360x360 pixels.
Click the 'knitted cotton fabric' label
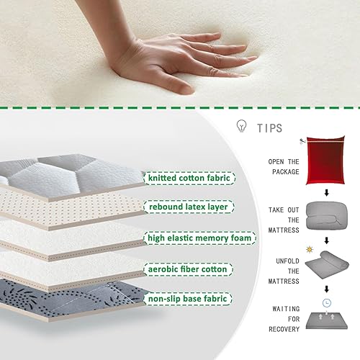189,178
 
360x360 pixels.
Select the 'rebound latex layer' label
189,207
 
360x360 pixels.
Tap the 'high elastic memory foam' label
199,238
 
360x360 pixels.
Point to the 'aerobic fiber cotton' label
188,269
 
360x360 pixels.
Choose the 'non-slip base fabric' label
188,299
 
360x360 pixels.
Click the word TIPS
270,128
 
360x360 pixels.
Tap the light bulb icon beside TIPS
241,126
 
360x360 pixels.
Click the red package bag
325,161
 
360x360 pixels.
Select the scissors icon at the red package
302,141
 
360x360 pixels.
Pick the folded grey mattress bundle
326,215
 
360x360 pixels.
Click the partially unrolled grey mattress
327,265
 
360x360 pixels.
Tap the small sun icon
310,250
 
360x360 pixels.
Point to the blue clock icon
326,303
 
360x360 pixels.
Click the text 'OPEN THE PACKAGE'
284,167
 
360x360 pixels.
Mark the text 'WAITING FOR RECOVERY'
284,319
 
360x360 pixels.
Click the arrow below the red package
326,193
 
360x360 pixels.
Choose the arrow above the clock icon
326,289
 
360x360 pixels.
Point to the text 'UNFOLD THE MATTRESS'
284,271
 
